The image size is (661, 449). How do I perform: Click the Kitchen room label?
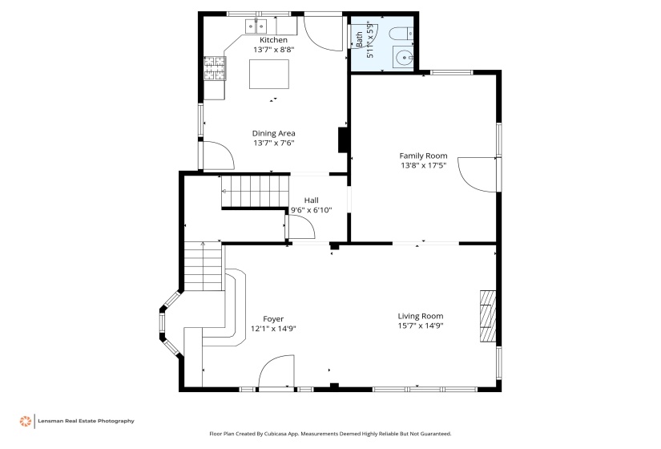point(273,40)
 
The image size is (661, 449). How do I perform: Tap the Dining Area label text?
point(273,133)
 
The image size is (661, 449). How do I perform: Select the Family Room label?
point(423,156)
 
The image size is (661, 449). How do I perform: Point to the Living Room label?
point(421,316)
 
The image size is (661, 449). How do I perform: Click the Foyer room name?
point(273,319)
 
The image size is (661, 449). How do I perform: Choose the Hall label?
point(311,200)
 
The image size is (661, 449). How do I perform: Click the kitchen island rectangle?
point(269,75)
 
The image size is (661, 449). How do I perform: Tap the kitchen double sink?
point(256,26)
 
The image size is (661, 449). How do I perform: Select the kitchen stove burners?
point(215,68)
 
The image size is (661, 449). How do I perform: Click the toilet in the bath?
point(401,34)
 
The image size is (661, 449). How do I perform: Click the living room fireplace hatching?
point(488,316)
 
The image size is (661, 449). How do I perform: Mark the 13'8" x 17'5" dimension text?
point(423,165)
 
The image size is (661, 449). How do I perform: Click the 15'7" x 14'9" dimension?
point(421,326)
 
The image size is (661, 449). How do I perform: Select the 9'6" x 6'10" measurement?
point(311,210)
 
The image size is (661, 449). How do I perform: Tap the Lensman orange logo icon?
point(26,421)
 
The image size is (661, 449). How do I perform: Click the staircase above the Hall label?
point(256,191)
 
